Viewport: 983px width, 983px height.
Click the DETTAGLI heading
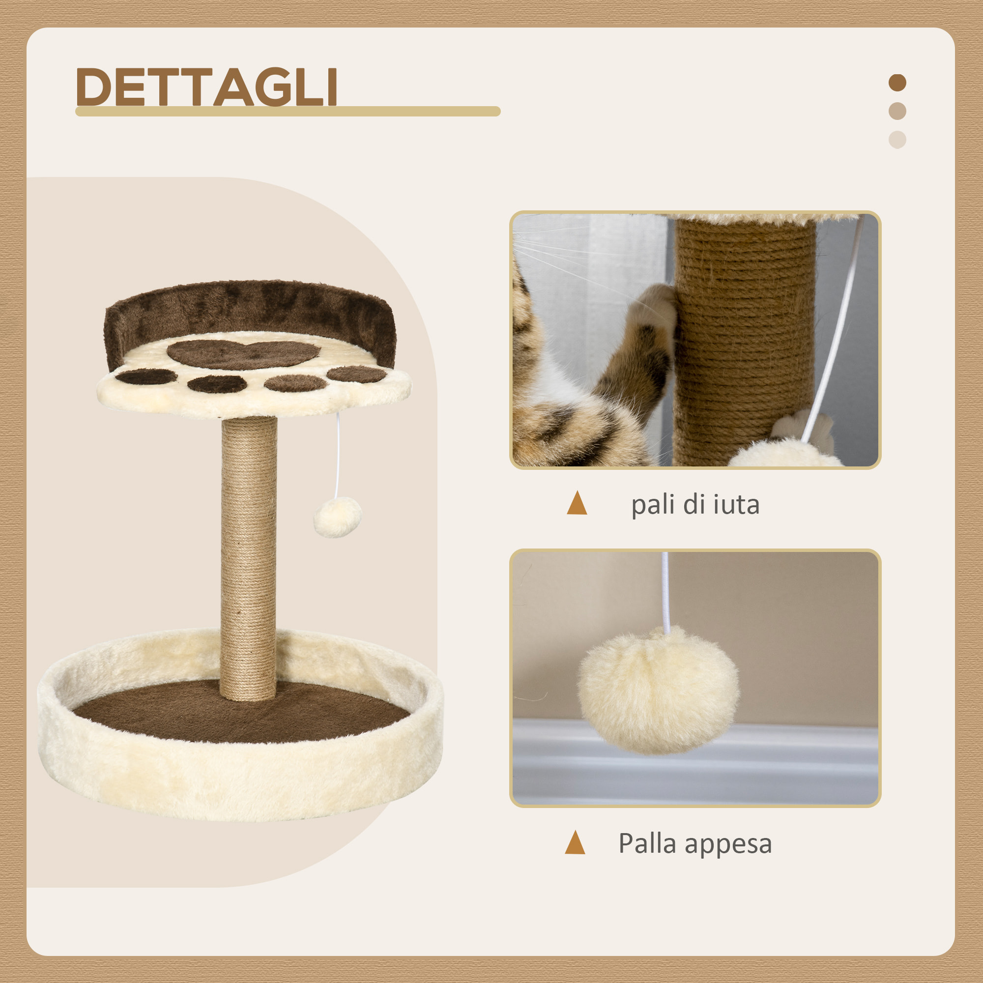tap(206, 87)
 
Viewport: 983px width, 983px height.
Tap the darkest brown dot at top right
tap(897, 83)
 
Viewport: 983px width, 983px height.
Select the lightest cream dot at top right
tap(897, 140)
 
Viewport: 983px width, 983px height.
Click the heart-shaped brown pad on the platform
tap(243, 353)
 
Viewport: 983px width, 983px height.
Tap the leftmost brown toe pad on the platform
tap(145, 377)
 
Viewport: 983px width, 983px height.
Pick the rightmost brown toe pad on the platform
tap(356, 375)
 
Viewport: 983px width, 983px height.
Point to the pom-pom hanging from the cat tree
tap(337, 517)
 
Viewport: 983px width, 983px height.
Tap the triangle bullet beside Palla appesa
tap(575, 842)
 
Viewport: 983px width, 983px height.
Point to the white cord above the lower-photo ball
tap(665, 590)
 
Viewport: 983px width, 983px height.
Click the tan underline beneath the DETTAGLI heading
tap(288, 112)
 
